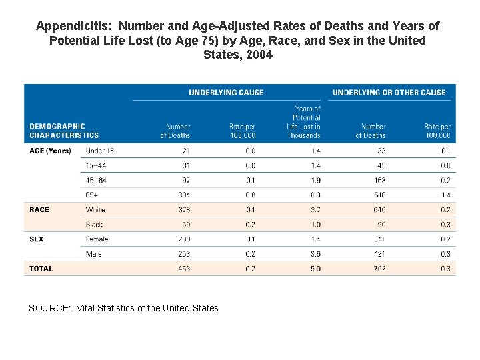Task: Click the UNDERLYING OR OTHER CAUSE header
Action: pos(389,93)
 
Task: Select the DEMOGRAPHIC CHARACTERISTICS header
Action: pos(64,131)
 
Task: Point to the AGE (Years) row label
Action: pos(50,151)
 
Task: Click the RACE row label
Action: pos(39,209)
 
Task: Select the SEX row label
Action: pos(37,239)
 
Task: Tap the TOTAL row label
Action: pos(41,269)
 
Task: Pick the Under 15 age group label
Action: pos(100,151)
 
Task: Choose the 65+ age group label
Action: pos(92,195)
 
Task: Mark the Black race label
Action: pos(94,225)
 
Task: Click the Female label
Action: pos(97,239)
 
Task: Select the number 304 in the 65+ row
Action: pos(183,195)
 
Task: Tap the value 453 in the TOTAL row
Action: pos(183,269)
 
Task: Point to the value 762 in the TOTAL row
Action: pos(379,269)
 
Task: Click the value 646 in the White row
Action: pos(379,209)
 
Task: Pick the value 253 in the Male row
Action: pos(183,254)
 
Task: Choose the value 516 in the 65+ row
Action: pos(379,195)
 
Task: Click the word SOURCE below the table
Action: pos(49,308)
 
